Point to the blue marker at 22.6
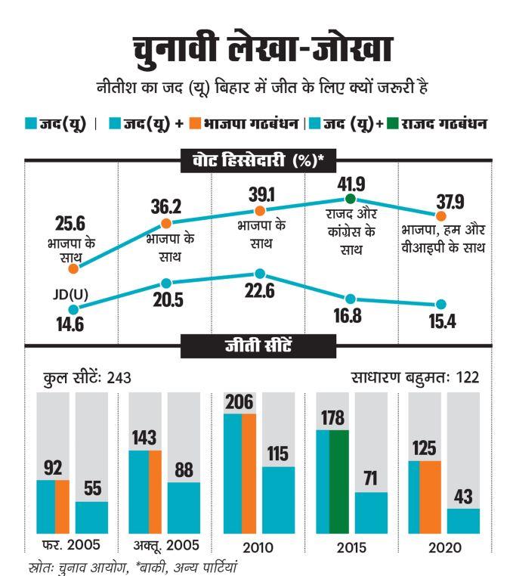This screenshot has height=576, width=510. click(x=259, y=274)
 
